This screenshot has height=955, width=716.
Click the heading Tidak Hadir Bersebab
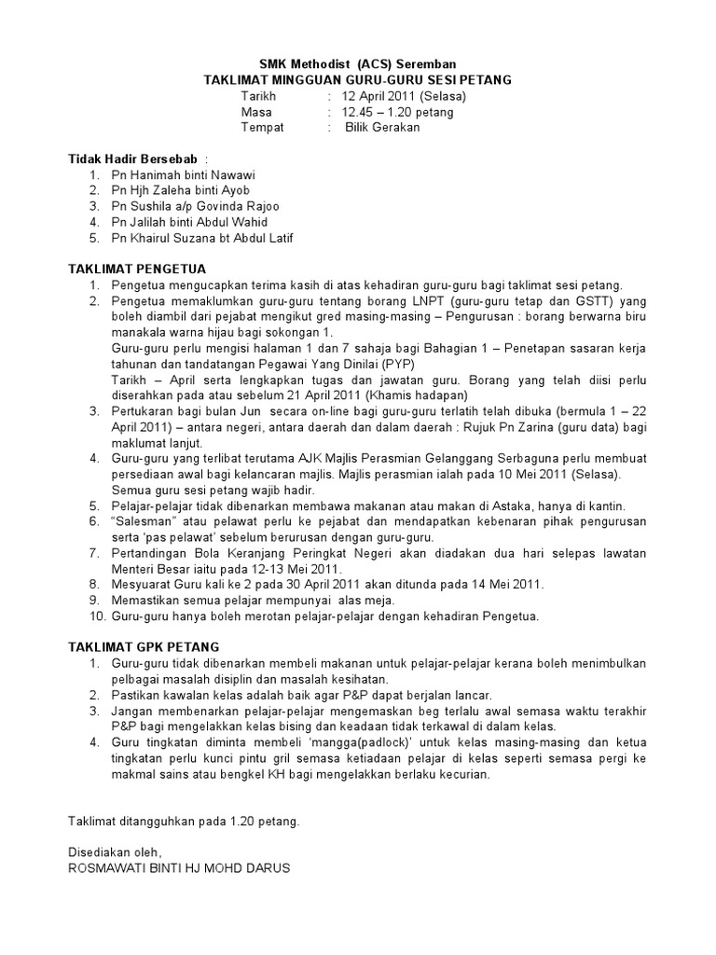[x=133, y=159]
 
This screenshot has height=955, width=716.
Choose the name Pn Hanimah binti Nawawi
[x=184, y=174]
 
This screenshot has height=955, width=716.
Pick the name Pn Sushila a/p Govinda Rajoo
[x=195, y=206]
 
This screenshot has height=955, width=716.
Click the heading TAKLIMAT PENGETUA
[x=137, y=270]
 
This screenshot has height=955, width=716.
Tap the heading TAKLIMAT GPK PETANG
[x=144, y=647]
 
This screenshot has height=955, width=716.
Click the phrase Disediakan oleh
[x=115, y=852]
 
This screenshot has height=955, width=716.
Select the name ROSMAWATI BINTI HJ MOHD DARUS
[x=179, y=868]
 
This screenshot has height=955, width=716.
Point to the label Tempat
[x=262, y=128]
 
